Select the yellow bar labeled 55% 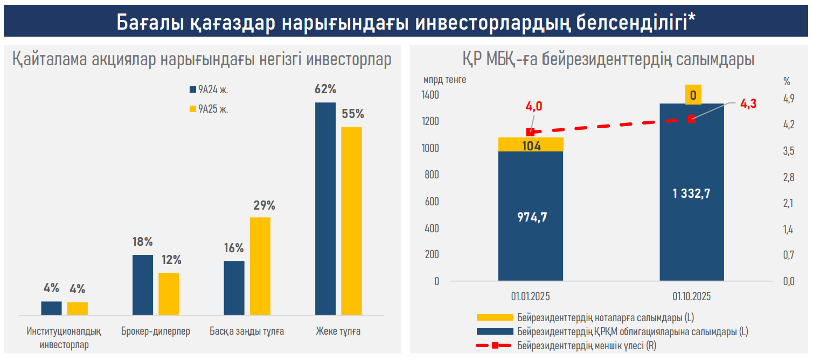[x=351, y=221]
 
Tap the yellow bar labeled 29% [x=260, y=266]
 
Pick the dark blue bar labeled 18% [x=143, y=285]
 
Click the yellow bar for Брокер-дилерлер [x=169, y=294]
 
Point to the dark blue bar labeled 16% [x=234, y=288]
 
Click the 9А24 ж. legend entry [x=210, y=90]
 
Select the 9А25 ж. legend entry [x=210, y=109]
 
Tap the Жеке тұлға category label [x=338, y=331]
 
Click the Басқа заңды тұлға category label [x=247, y=331]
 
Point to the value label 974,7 [x=532, y=217]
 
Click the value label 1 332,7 [x=691, y=193]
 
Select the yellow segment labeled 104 [x=531, y=145]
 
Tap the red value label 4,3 [x=748, y=104]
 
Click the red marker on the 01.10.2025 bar [x=692, y=119]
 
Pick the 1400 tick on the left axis [x=431, y=95]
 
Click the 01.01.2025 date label [x=531, y=296]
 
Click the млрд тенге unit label [x=444, y=80]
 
